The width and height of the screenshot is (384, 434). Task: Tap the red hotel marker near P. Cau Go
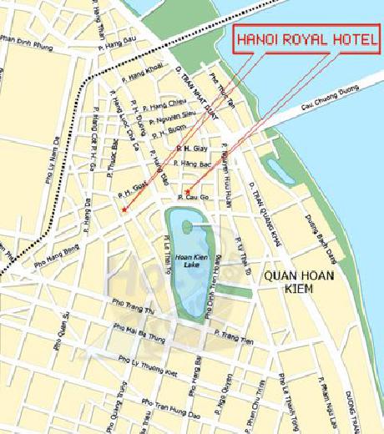(x=189, y=191)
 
